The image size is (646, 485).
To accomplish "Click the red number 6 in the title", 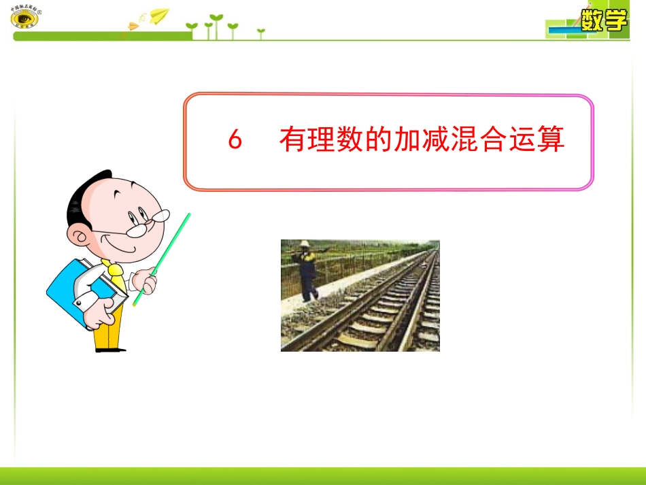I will click(x=235, y=141).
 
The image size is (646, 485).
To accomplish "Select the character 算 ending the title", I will click(x=550, y=140).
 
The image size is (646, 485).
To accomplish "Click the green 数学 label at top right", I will click(x=603, y=21).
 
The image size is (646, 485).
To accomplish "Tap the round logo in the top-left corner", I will click(x=24, y=19).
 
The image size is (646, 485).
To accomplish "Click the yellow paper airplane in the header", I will click(x=158, y=14).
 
